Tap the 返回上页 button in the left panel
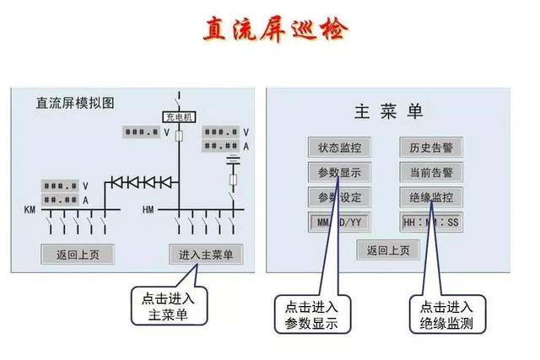[77, 253]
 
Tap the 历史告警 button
[430, 148]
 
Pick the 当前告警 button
[430, 173]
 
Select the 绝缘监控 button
[430, 198]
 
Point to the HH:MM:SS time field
[430, 223]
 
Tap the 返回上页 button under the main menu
[387, 250]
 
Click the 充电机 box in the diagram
[178, 117]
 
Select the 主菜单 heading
[389, 111]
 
